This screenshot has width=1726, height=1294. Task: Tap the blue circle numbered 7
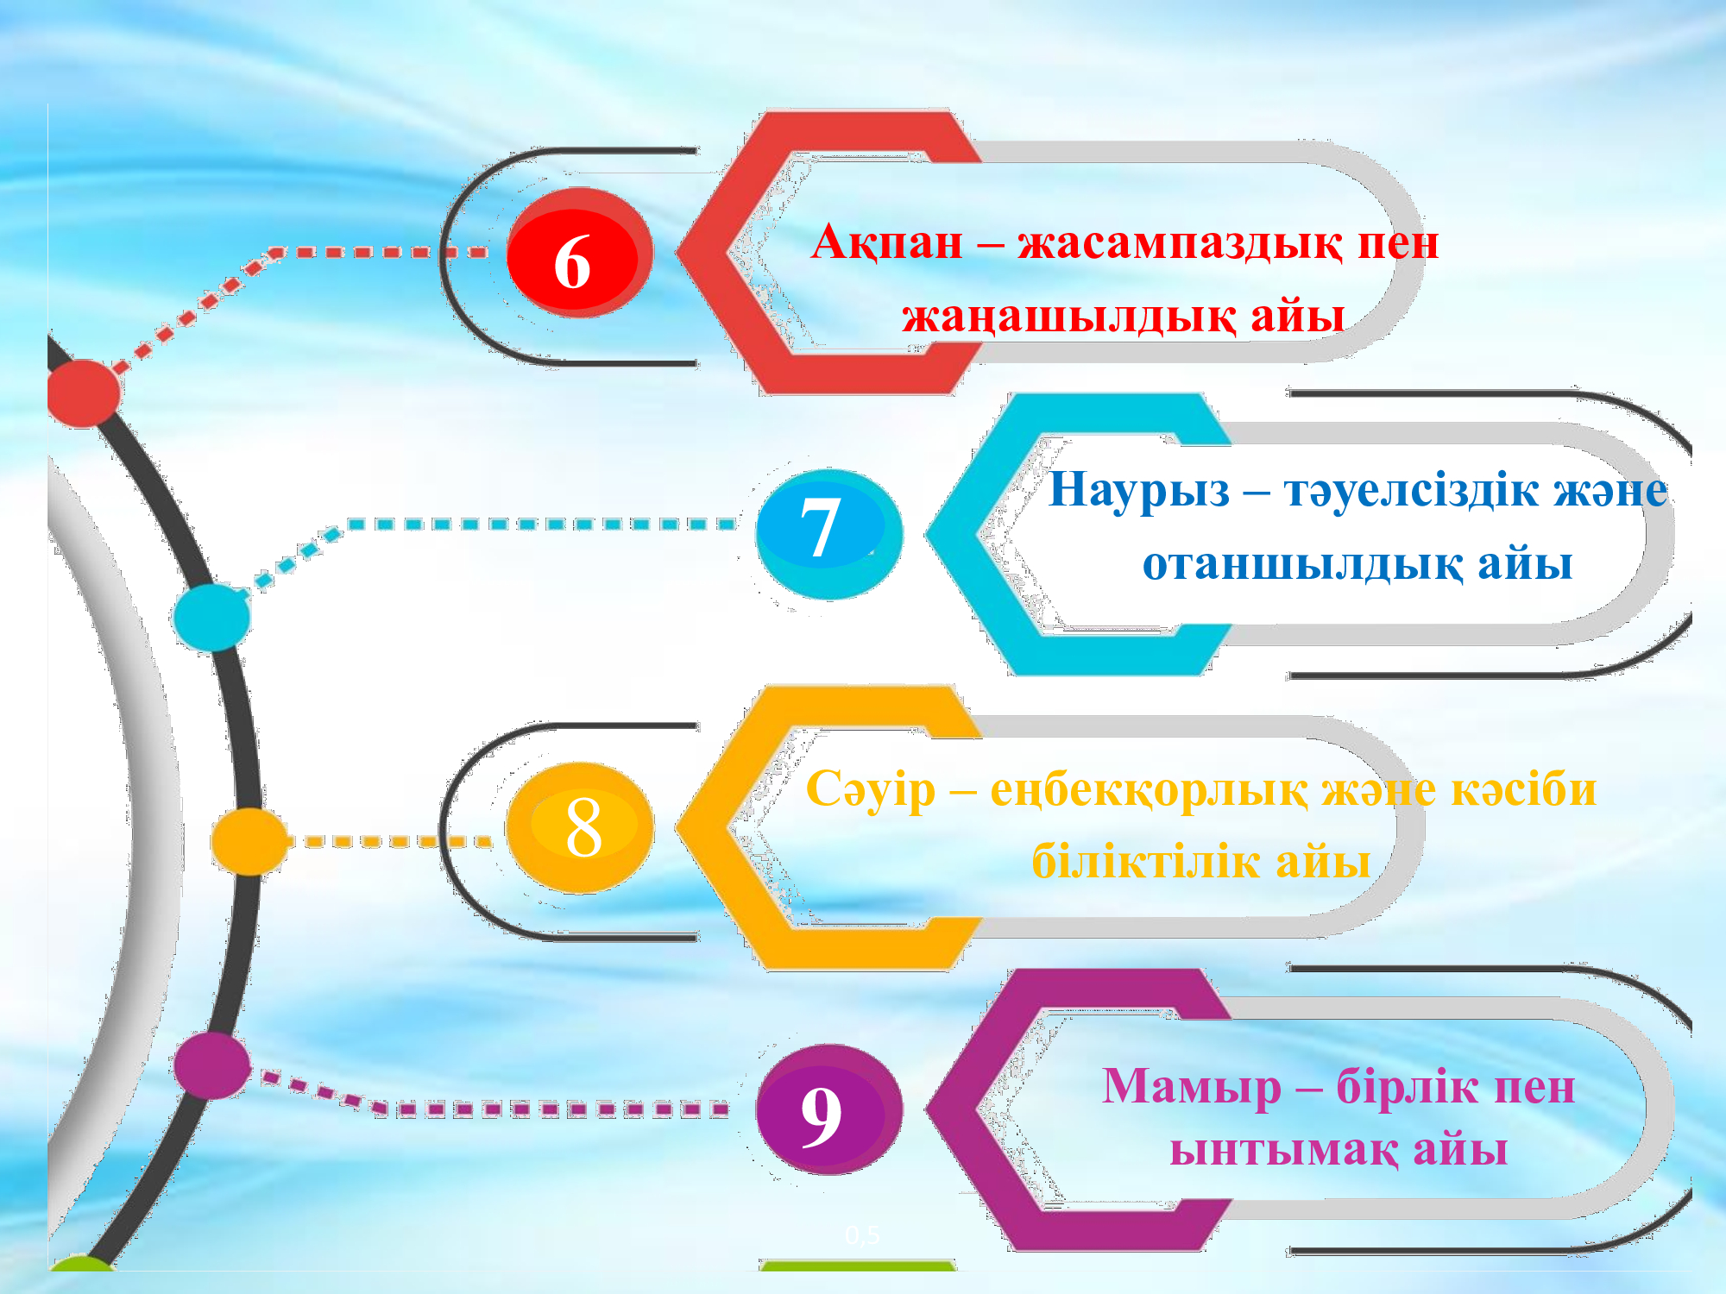point(828,534)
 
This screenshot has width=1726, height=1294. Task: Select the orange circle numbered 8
point(579,827)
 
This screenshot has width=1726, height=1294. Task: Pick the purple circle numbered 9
point(828,1109)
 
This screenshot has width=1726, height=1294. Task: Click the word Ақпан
point(886,242)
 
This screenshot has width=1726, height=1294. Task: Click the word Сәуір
point(870,790)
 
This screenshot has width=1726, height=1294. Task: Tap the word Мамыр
point(1191,1087)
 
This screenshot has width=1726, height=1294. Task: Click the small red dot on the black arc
point(84,393)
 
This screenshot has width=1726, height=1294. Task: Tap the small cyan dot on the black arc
point(211,617)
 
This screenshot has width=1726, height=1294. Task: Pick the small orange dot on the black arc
point(249,841)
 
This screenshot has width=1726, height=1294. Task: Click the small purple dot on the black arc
point(212,1065)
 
